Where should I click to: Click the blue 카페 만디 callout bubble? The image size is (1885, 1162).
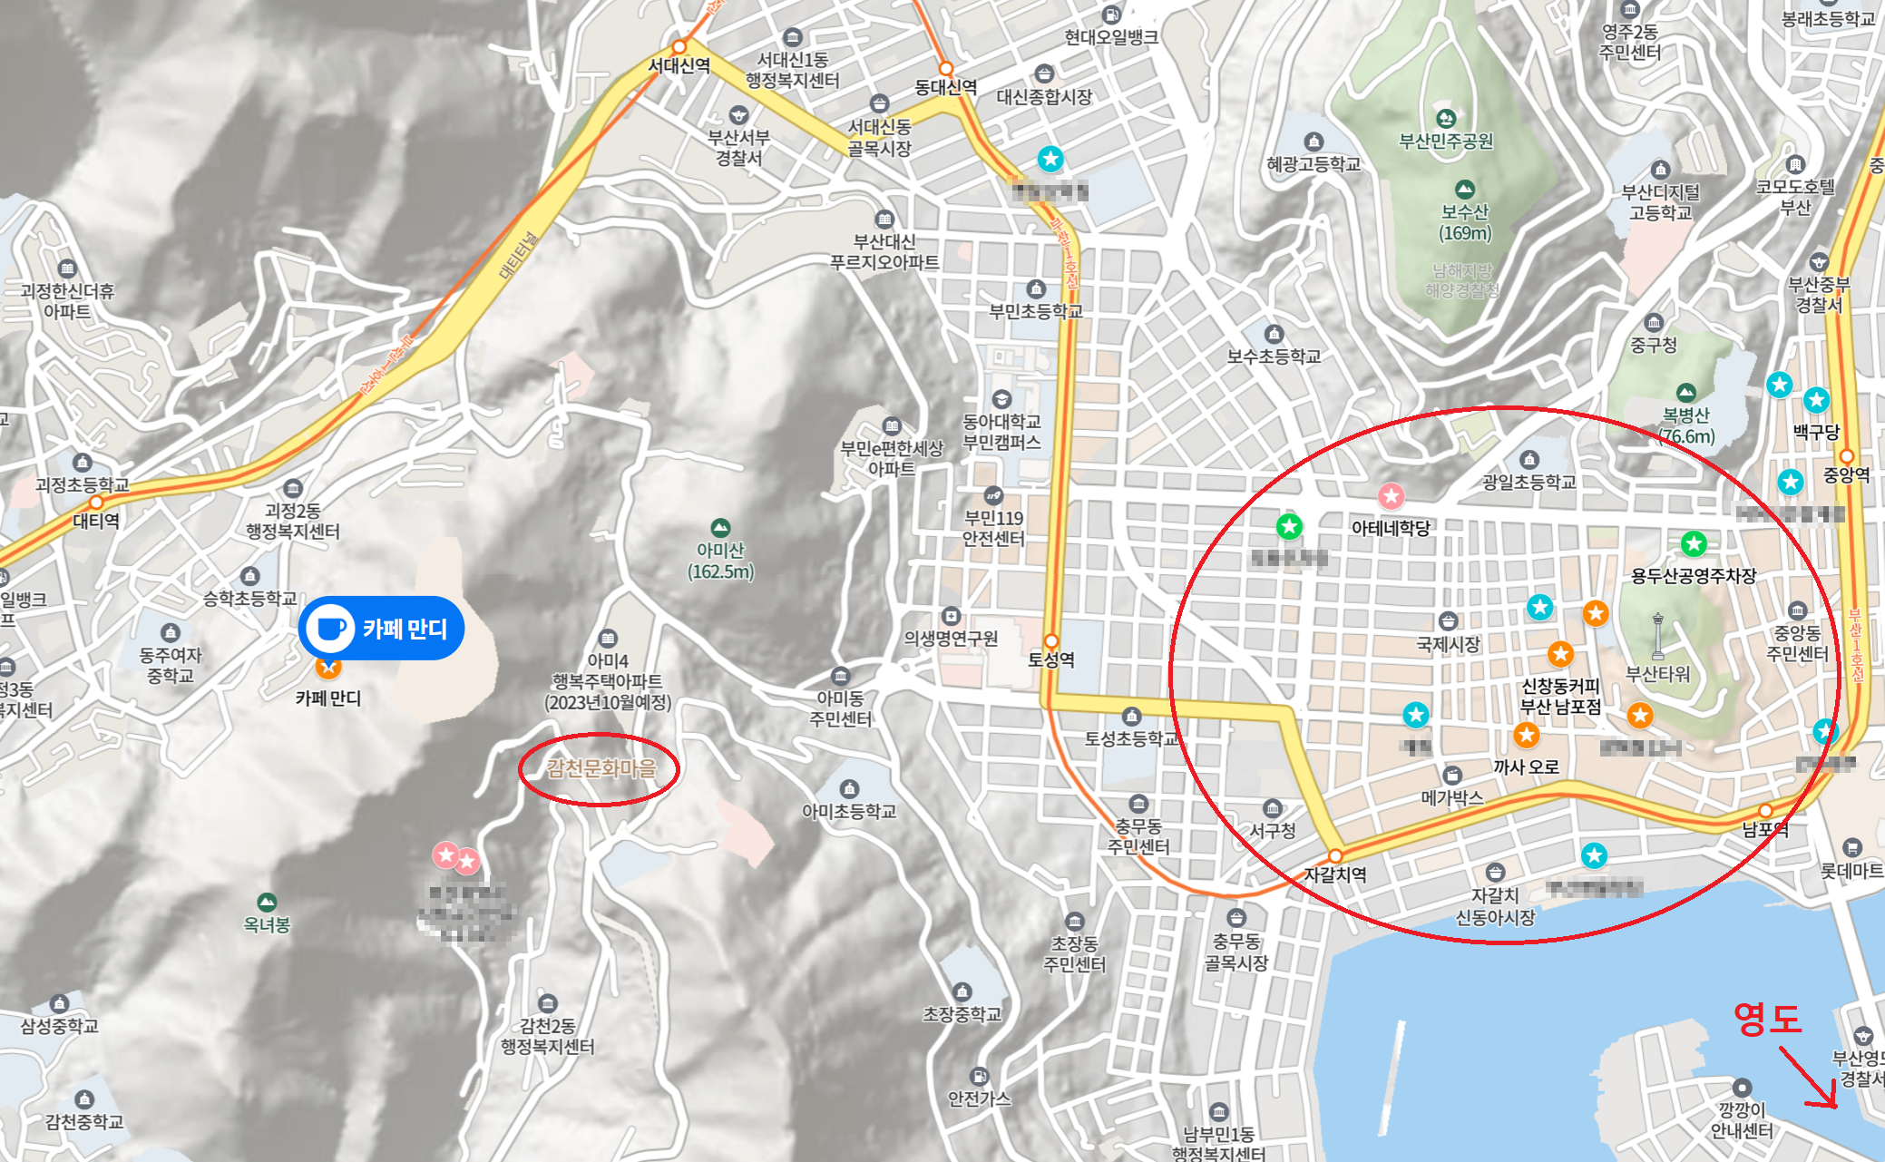(381, 628)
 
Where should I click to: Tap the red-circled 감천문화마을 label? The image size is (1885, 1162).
(601, 768)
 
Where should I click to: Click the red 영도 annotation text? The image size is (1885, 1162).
(1766, 1018)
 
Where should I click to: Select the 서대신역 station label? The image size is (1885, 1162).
(679, 65)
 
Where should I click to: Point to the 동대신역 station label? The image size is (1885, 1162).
(945, 87)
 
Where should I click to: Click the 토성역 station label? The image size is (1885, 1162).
(1050, 659)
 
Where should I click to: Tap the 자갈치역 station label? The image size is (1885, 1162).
(1334, 874)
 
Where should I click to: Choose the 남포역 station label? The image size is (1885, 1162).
(1765, 829)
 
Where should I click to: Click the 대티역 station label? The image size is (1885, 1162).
(96, 521)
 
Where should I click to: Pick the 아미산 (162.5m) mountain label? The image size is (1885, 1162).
(720, 561)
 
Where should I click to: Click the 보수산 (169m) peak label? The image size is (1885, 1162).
(1465, 221)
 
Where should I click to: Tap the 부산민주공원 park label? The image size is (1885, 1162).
(1446, 141)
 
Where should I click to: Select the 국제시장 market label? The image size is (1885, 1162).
(1448, 644)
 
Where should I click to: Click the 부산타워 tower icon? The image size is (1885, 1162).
(1658, 635)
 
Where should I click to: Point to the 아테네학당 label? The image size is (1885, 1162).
(1391, 527)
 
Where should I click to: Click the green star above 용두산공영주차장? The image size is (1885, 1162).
(1694, 544)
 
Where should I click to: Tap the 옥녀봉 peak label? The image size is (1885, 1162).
(267, 924)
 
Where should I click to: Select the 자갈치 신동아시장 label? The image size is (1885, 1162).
(1495, 906)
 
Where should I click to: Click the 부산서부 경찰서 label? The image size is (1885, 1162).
(738, 147)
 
